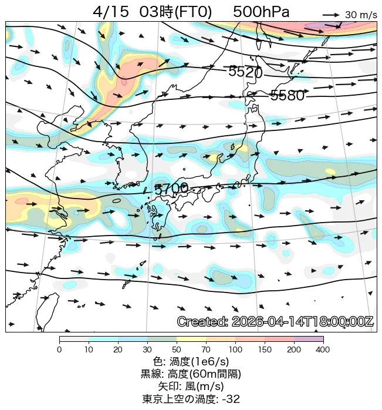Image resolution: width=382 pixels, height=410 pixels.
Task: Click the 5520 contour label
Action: pos(245,72)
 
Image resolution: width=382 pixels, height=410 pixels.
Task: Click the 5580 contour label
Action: pos(287,96)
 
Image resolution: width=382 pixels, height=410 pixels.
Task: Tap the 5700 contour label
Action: pos(171,189)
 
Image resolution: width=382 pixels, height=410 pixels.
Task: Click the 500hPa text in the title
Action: pos(261,12)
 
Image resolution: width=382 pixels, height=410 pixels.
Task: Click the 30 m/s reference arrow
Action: pos(331,14)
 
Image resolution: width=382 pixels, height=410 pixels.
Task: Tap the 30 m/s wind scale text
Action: pos(360,15)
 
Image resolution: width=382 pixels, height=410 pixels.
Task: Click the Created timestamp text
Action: pos(275,322)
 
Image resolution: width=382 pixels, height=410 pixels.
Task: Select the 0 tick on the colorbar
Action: pos(59,350)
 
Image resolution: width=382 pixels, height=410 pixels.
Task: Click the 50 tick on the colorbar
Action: pos(177,350)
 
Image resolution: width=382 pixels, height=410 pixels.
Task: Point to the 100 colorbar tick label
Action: pos(235,350)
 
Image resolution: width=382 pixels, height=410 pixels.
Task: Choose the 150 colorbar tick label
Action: pos(265,350)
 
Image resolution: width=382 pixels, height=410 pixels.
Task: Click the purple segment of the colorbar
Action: pos(309,340)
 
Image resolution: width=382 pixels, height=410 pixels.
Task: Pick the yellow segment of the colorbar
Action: pos(191,340)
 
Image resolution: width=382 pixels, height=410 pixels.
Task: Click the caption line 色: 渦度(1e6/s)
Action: pos(191,362)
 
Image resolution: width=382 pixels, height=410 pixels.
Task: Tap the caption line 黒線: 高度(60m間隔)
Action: pos(191,374)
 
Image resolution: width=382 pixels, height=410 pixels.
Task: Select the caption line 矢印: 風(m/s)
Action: pos(191,387)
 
